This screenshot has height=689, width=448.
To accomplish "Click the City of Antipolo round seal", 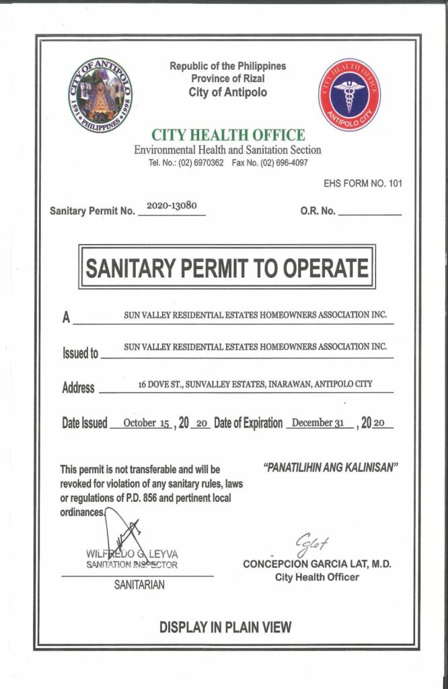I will [100, 94].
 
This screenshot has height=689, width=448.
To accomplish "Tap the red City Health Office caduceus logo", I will [348, 94].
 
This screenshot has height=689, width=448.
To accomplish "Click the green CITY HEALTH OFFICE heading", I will [227, 135].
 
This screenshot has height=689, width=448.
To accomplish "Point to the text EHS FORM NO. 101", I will [363, 184].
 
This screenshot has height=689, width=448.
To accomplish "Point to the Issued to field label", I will [80, 353].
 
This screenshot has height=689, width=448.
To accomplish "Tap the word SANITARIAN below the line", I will [139, 585].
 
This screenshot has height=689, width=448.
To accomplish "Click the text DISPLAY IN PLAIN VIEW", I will [225, 627].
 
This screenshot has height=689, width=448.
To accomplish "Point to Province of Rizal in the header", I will [227, 79].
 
